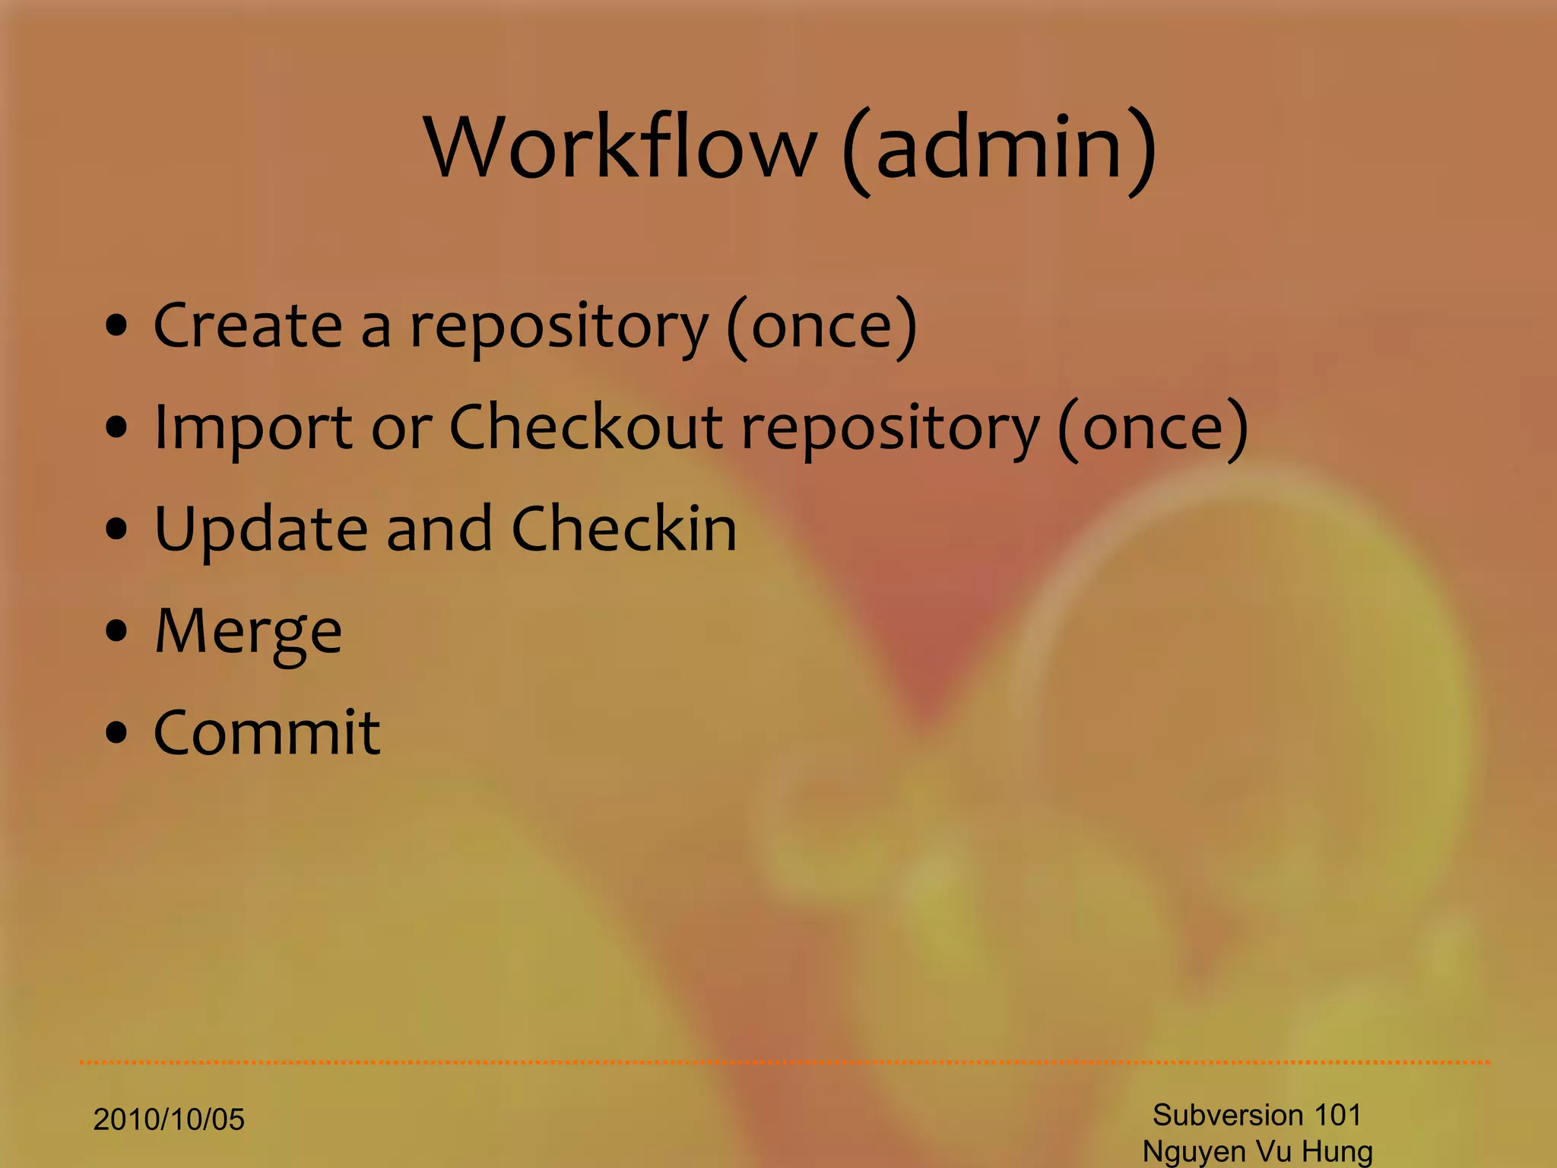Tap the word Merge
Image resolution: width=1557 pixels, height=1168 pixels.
(248, 633)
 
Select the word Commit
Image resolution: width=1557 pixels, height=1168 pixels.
(267, 733)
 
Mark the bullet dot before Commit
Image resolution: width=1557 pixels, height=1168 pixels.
(116, 733)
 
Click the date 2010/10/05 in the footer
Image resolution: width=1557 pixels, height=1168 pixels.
(169, 1120)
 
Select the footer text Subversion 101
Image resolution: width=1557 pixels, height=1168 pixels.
(1257, 1115)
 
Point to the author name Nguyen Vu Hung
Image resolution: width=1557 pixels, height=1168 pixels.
(1257, 1151)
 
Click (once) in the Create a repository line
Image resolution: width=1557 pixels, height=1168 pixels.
(822, 327)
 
